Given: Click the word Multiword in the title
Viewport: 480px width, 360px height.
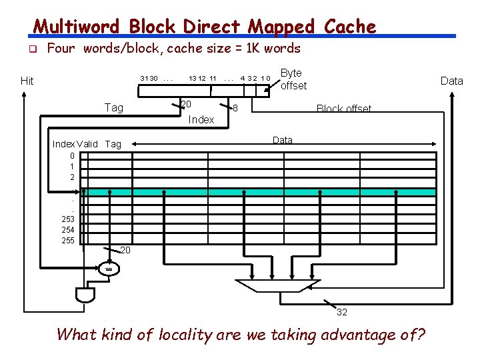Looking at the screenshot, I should point(77,27).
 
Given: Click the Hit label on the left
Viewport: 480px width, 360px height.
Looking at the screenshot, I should point(27,81).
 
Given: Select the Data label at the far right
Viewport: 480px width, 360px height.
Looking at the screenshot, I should point(451,81).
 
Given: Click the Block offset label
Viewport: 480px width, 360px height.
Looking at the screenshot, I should point(344,109).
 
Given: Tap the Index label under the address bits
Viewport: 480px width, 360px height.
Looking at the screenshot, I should point(201,119).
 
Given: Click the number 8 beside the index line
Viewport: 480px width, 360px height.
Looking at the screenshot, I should point(235,107).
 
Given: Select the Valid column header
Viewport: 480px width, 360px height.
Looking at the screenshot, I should point(87,144).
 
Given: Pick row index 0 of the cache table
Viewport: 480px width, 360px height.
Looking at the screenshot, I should point(72,156).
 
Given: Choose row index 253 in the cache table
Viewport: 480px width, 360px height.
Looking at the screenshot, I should point(68,219).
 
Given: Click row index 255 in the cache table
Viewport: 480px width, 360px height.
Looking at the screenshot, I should point(68,241).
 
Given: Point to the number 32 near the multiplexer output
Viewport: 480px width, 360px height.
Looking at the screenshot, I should point(341,312).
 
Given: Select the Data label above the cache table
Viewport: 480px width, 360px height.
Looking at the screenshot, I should point(283,140).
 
